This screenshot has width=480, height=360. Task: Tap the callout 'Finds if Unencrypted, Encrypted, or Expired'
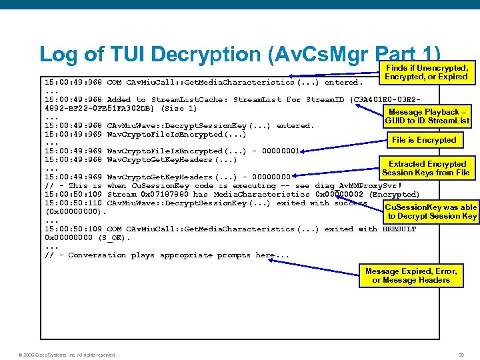point(427,72)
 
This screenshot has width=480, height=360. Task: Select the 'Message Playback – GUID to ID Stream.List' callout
point(427,117)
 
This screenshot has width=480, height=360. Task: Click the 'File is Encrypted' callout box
point(424,140)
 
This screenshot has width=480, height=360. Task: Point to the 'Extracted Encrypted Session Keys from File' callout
point(427,168)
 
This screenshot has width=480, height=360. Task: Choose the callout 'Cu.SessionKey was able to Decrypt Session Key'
point(432,211)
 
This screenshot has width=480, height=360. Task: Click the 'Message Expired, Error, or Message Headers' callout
point(411,275)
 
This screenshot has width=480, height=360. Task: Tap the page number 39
point(461,355)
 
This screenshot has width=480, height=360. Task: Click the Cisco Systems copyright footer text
point(67,355)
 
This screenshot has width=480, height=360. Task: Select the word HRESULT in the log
point(399,229)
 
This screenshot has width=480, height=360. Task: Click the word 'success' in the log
point(351,203)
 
